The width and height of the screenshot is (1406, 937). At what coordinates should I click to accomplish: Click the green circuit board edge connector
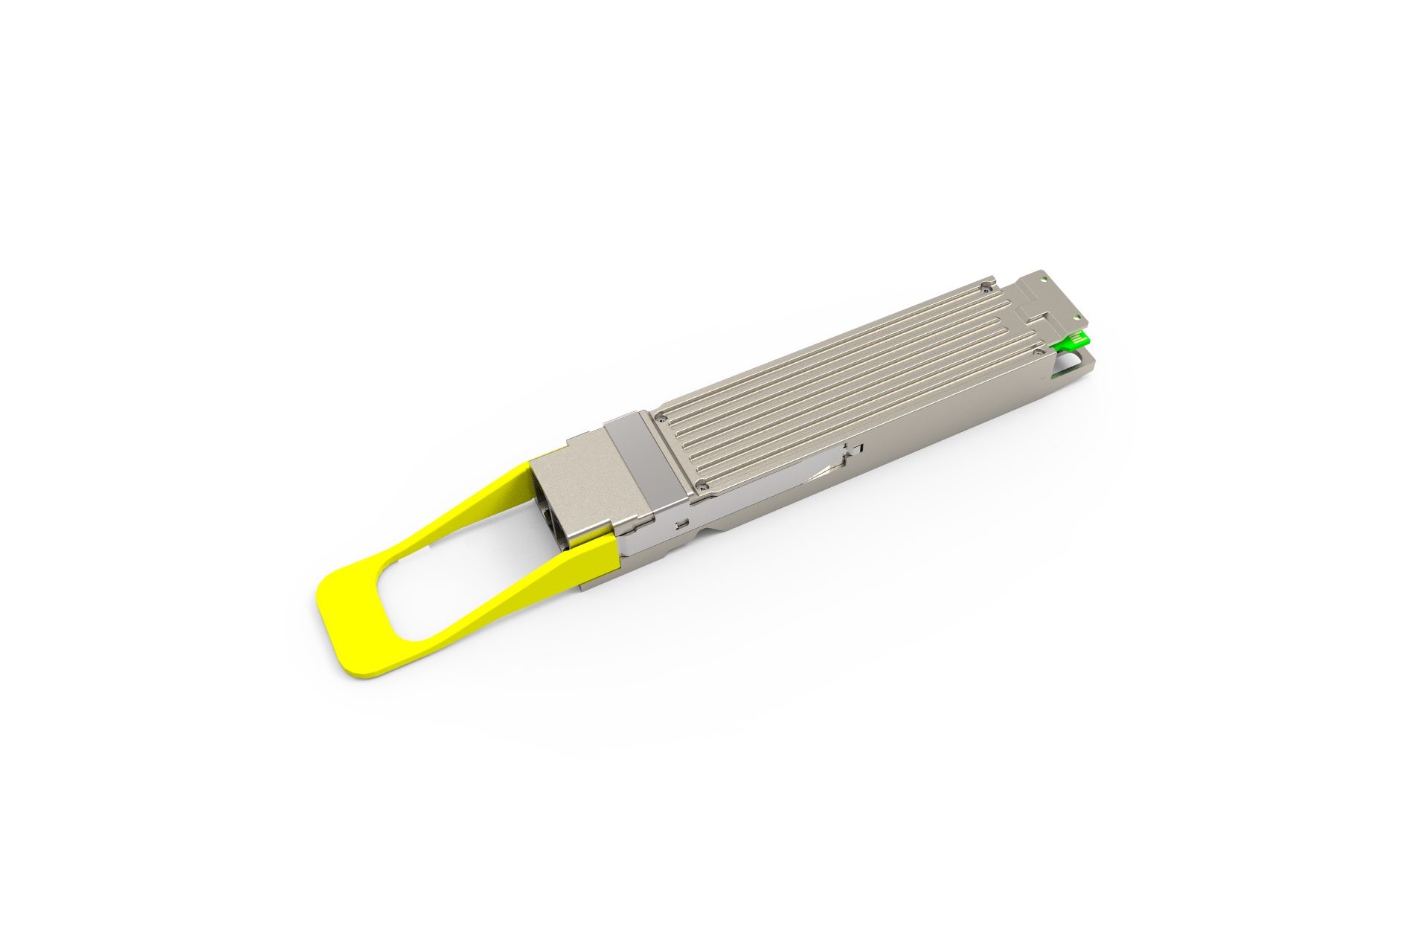pyautogui.click(x=1072, y=342)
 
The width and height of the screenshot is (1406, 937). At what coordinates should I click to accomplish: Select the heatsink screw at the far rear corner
pyautogui.click(x=986, y=286)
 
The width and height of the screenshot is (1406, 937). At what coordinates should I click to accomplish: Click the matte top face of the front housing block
pyautogui.click(x=588, y=476)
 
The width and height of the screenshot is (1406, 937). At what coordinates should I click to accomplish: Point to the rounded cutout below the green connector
pyautogui.click(x=1071, y=363)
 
